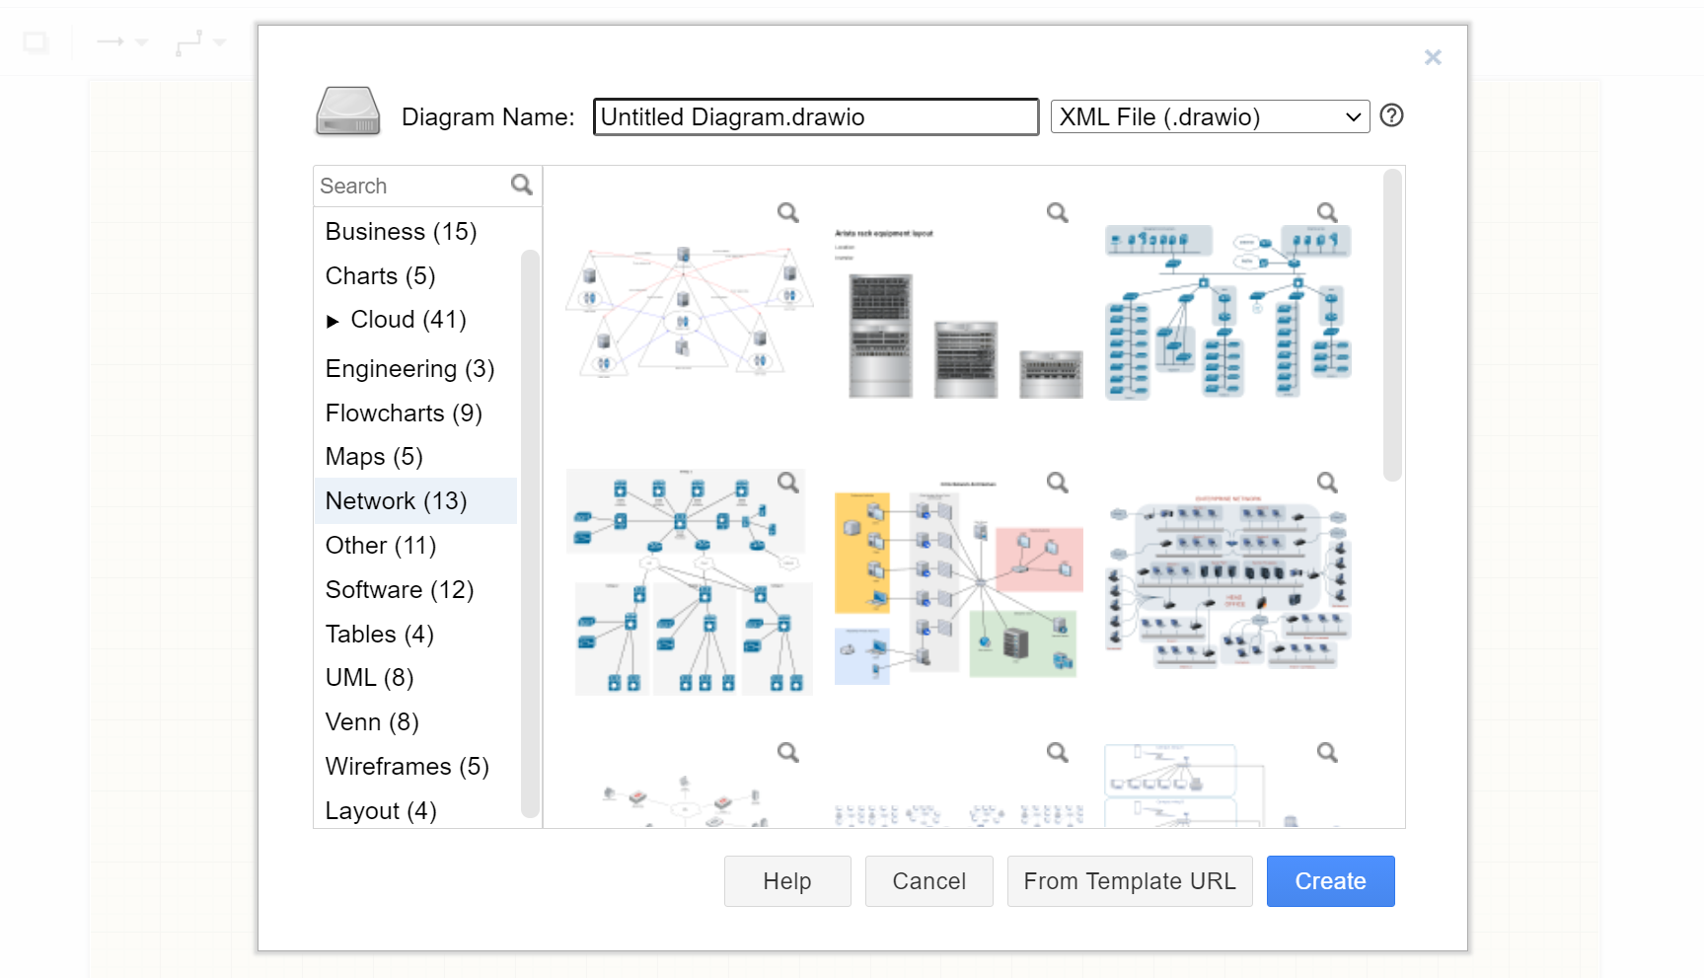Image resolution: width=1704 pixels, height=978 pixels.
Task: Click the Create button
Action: [1330, 881]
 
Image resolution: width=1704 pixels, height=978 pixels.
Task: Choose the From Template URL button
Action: [1129, 881]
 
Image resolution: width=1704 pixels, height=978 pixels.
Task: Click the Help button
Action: [786, 881]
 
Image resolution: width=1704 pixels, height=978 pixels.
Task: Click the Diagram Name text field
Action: [815, 116]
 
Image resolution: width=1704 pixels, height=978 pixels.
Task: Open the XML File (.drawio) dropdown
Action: [1210, 116]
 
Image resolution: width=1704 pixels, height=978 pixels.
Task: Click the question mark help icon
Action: [1391, 115]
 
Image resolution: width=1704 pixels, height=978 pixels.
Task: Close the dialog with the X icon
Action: [1433, 57]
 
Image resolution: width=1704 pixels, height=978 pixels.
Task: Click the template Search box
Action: [411, 186]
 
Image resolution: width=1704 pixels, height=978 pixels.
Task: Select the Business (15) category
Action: [401, 232]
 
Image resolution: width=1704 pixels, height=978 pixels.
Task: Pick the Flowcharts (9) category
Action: [404, 414]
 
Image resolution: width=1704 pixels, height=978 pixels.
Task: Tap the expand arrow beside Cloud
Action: [333, 321]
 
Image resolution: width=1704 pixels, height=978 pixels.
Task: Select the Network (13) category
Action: [397, 501]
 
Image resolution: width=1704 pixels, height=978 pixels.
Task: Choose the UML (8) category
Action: [369, 678]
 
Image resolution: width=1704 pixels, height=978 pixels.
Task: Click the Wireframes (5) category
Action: [407, 767]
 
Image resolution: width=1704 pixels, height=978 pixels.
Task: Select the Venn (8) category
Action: [372, 722]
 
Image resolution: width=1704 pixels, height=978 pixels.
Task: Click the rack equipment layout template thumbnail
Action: [956, 311]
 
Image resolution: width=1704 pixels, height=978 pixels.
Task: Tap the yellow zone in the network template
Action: [861, 553]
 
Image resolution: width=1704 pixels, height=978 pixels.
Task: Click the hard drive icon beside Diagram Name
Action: [347, 112]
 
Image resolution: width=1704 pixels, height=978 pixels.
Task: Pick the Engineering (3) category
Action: [409, 369]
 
